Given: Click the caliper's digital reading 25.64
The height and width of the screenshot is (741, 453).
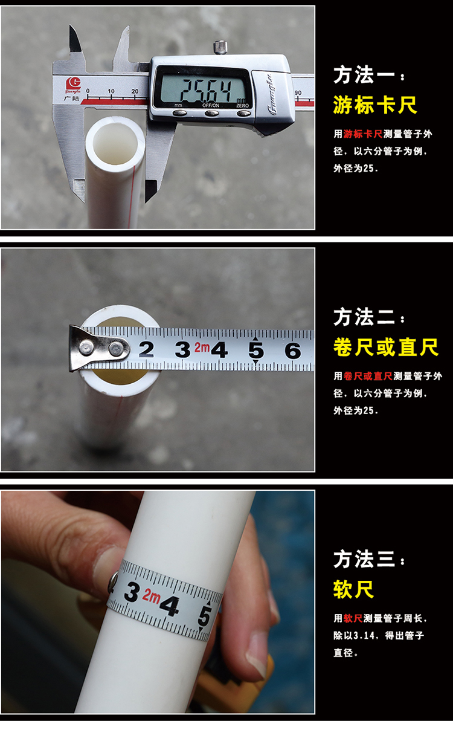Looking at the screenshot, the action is (x=205, y=90).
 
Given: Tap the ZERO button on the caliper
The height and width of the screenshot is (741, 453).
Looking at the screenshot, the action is (x=243, y=114).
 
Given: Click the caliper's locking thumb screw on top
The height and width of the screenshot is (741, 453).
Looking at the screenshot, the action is (x=220, y=47).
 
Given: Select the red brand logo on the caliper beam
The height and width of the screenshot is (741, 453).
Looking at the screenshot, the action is (x=73, y=85).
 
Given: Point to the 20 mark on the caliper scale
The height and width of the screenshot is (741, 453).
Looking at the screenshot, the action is (x=135, y=91).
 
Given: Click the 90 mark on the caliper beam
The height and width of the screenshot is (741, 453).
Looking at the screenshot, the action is (x=298, y=92).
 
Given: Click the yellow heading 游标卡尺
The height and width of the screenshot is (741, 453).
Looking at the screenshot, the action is (x=374, y=105).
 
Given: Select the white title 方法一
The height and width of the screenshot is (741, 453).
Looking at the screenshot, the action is (x=364, y=75).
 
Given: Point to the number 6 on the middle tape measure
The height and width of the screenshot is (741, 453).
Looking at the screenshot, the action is (x=292, y=351).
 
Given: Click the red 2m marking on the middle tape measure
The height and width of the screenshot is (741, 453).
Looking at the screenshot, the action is (x=202, y=348).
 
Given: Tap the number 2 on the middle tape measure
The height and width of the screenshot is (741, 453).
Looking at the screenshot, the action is (x=147, y=349).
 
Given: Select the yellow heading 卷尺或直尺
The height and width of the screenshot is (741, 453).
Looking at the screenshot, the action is (x=385, y=348).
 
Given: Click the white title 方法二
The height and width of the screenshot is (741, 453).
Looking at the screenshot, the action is (x=364, y=317).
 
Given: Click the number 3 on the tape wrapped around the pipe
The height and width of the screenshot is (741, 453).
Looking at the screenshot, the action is (x=132, y=592).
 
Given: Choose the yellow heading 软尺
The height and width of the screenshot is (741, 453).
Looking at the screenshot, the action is (x=353, y=589).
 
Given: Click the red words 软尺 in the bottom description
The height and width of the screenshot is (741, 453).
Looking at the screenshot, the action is (x=353, y=618).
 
